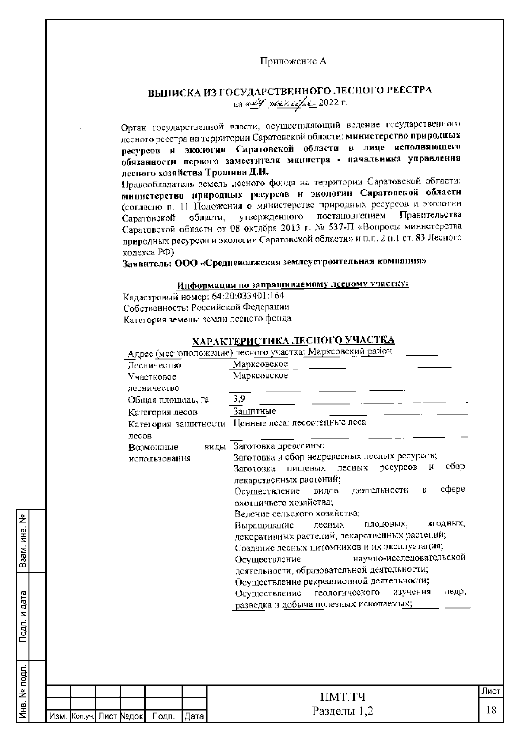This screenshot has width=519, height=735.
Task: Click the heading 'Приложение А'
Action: [x=293, y=61]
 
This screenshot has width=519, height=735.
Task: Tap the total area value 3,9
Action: [x=239, y=399]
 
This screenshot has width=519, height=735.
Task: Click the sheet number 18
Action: [x=491, y=710]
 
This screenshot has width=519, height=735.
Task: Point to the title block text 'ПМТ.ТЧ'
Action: [x=343, y=697]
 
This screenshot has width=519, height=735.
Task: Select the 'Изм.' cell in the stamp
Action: [x=58, y=717]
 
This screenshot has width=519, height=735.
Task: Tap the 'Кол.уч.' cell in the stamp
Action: [x=83, y=717]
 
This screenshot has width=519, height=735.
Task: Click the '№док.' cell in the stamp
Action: [x=132, y=717]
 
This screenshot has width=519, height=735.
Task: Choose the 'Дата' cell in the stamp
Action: [x=194, y=717]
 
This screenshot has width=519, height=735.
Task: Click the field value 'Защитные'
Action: [x=254, y=411]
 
